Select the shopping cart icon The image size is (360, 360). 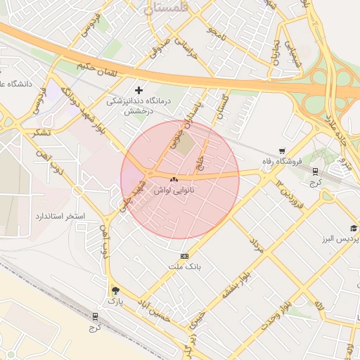coord(282,150)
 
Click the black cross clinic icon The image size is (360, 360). coord(139,90)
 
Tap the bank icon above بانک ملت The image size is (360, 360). coord(185,256)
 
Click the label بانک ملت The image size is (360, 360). coord(185,267)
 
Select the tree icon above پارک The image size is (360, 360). coord(115,290)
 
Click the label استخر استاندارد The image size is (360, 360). coord(60,215)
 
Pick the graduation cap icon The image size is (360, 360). coord(353,229)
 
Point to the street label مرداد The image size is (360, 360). coord(255,244)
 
